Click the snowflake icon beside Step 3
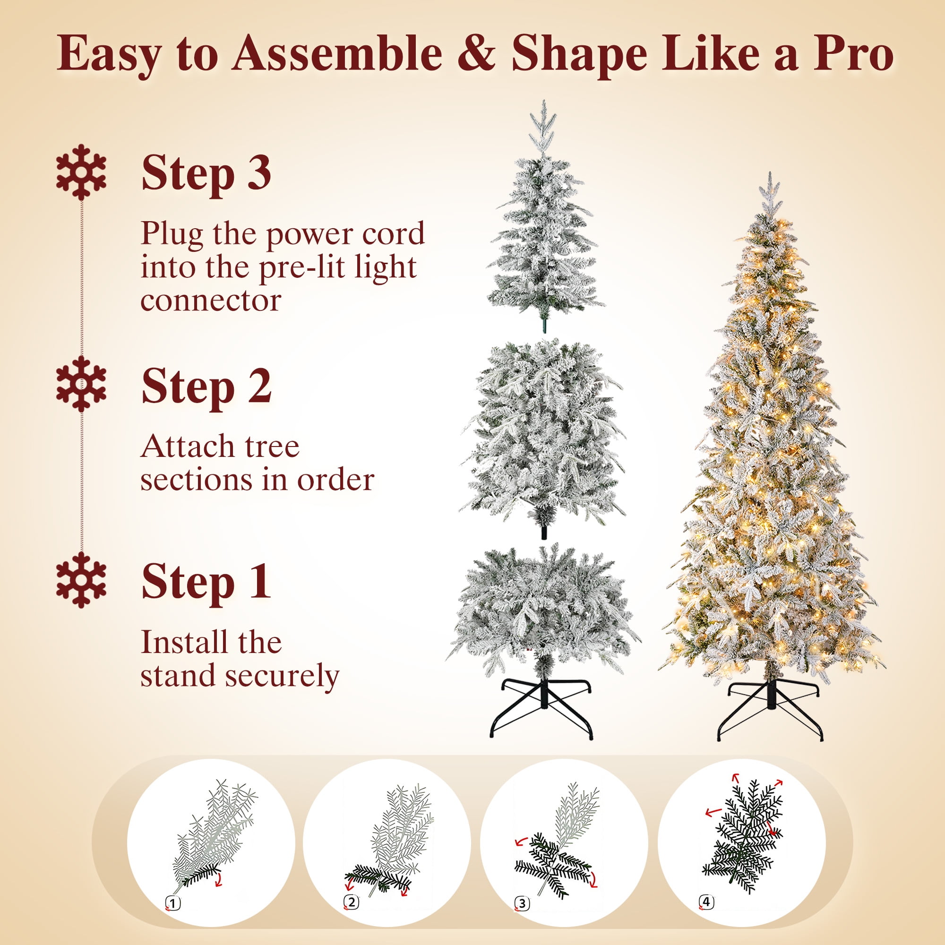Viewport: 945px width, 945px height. (81, 172)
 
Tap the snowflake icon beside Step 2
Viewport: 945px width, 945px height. (81, 384)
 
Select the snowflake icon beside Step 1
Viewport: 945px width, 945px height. (81, 580)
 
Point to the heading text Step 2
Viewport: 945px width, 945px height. (206, 386)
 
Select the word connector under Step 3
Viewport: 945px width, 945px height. (211, 301)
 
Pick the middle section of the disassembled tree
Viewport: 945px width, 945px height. (543, 435)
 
